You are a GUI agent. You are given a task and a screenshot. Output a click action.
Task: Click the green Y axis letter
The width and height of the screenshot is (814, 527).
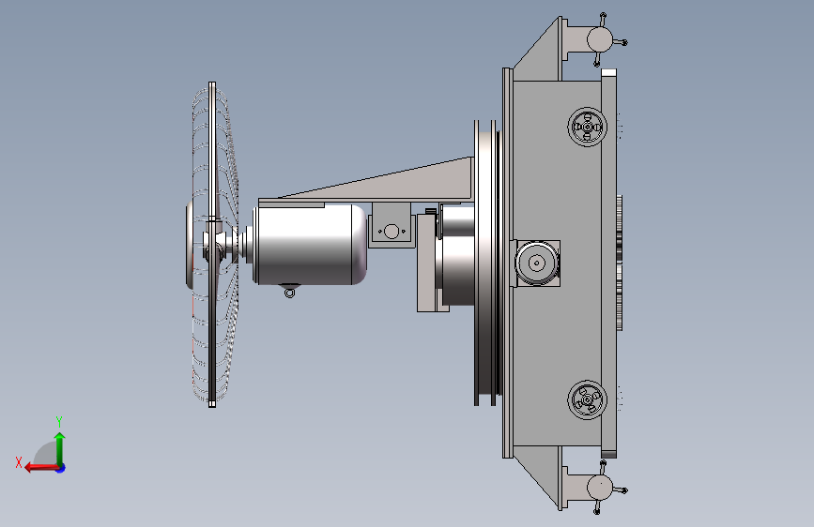(59, 421)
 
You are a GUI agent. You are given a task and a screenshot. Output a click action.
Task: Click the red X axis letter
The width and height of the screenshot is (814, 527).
(19, 462)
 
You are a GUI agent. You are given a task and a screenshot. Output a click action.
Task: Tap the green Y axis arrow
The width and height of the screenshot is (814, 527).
(60, 448)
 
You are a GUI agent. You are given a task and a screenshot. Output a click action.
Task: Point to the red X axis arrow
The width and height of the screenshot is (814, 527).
(41, 468)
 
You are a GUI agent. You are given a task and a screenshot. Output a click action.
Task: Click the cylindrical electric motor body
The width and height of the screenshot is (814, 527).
(310, 245)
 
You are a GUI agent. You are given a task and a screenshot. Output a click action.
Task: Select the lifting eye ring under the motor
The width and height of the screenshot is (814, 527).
(290, 294)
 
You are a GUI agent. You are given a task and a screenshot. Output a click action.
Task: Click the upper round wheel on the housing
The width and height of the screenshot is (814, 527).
(587, 128)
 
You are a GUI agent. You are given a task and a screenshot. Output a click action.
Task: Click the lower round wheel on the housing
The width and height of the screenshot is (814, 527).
(587, 399)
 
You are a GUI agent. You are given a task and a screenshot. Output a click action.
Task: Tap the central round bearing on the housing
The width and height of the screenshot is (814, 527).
(537, 263)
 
